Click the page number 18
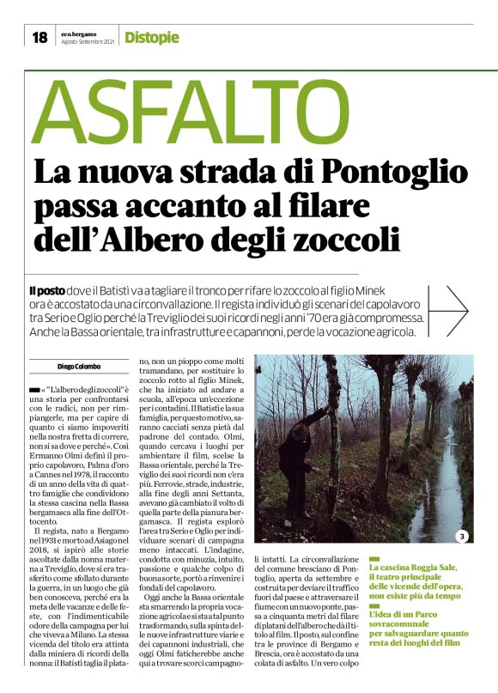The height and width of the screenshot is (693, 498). click(40, 37)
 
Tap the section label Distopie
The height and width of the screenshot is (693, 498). click(152, 37)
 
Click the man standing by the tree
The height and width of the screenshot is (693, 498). click(301, 464)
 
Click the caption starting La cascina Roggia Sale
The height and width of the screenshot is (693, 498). click(416, 581)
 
